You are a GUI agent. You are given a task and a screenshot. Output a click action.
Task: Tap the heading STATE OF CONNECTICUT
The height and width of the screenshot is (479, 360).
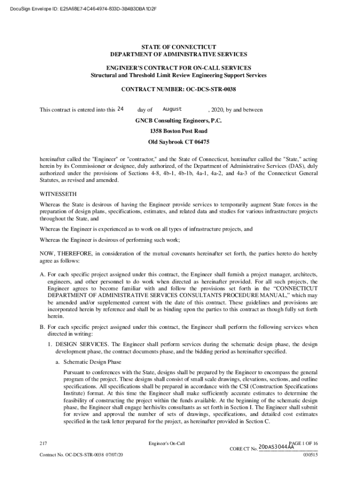(x=180, y=47)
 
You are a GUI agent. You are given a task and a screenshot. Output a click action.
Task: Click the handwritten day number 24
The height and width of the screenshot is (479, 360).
(x=120, y=109)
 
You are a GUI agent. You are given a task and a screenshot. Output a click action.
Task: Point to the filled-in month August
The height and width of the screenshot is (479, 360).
(x=172, y=109)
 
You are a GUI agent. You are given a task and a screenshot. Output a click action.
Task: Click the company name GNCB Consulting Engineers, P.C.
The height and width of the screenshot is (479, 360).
(x=179, y=121)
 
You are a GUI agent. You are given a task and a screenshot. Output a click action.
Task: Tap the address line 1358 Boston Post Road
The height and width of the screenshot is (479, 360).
(x=179, y=131)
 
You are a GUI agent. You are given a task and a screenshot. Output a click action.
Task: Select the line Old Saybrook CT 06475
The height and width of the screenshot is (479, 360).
(x=179, y=142)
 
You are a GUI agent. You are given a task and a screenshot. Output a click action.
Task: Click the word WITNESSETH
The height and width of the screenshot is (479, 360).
(x=58, y=194)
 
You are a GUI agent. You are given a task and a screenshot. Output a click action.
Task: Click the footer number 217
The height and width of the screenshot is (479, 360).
(x=43, y=443)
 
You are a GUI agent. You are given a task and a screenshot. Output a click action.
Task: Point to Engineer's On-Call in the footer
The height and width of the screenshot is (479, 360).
(x=166, y=443)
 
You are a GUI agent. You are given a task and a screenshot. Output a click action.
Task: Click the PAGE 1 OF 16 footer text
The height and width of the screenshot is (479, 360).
(x=304, y=442)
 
